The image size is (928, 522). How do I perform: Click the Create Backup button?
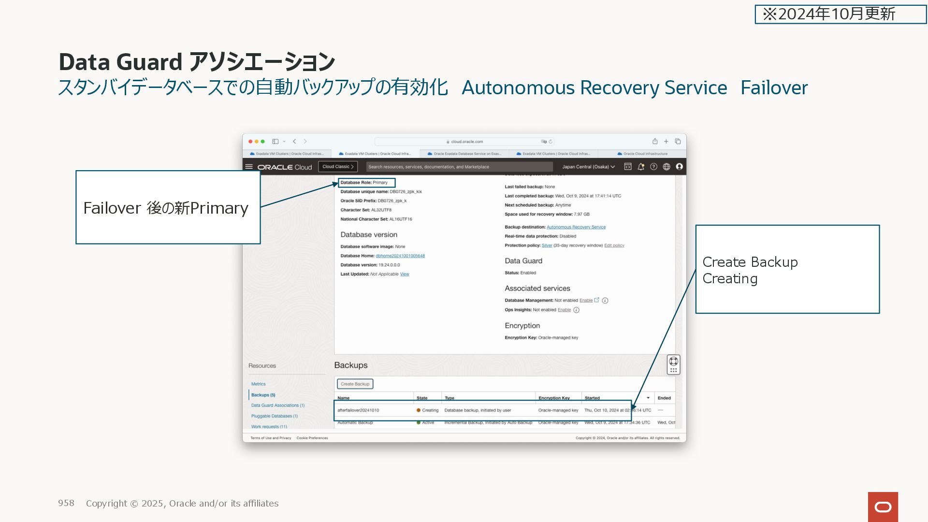(x=355, y=384)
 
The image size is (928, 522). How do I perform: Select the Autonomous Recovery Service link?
(x=576, y=227)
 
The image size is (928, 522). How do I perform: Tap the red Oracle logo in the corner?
(x=883, y=507)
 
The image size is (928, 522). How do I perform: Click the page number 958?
(x=66, y=503)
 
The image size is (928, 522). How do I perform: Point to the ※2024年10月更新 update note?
(x=840, y=14)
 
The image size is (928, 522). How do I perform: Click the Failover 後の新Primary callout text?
(x=166, y=208)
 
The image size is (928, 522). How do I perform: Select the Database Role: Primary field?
(x=366, y=183)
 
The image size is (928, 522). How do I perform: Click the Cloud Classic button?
(x=338, y=167)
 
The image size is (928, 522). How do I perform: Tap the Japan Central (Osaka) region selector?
(x=588, y=167)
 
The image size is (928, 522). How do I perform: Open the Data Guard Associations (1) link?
(x=277, y=406)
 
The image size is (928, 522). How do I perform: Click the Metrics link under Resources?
(x=258, y=384)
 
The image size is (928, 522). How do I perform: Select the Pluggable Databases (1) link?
(x=274, y=416)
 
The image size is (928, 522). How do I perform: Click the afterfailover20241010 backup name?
(x=358, y=410)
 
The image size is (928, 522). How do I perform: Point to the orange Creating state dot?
(x=419, y=410)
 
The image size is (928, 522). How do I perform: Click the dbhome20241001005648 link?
(x=400, y=256)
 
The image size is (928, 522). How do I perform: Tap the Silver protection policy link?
(x=547, y=246)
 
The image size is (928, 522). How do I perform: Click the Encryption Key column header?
(x=554, y=398)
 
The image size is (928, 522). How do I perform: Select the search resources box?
(x=459, y=167)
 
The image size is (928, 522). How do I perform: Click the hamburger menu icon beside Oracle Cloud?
(x=249, y=167)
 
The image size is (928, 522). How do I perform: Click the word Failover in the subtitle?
(x=774, y=88)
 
